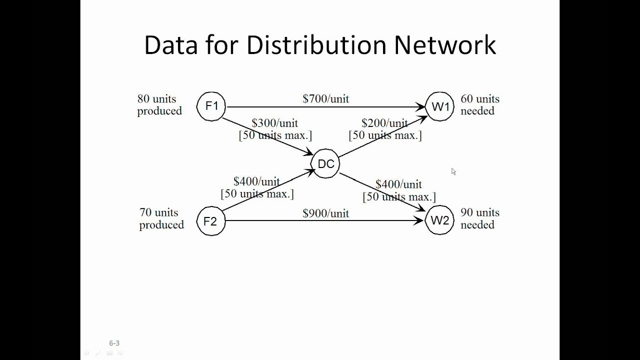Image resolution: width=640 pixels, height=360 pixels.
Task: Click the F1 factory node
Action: click(x=211, y=106)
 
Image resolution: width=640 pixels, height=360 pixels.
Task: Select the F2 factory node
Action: click(x=211, y=220)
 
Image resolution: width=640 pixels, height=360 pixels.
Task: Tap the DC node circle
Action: click(x=325, y=163)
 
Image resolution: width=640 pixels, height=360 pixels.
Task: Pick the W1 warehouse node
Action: click(x=440, y=106)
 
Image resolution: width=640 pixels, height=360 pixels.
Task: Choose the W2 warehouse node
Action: click(x=439, y=220)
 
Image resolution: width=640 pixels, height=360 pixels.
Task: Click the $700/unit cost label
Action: click(x=325, y=98)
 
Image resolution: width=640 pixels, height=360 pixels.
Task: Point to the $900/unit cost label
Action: click(x=325, y=213)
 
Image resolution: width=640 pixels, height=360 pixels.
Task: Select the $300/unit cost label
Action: click(x=274, y=123)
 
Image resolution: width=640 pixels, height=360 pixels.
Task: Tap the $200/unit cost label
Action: click(x=384, y=123)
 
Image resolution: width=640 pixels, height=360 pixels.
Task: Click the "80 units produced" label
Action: click(x=159, y=105)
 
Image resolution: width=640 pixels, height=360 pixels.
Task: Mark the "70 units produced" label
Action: click(x=161, y=219)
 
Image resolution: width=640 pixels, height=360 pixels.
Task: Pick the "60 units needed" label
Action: click(x=479, y=105)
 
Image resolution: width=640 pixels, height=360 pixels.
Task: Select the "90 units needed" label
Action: click(x=479, y=219)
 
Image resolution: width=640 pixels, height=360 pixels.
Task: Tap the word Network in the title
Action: click(x=445, y=45)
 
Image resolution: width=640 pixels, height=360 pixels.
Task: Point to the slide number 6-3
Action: click(x=114, y=343)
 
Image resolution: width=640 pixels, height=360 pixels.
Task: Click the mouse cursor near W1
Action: click(x=453, y=171)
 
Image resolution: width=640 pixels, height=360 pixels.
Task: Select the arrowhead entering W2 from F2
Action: click(x=420, y=220)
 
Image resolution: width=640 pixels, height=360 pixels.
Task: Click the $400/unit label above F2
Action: click(x=256, y=181)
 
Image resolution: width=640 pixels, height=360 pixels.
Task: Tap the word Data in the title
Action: click(x=171, y=45)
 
